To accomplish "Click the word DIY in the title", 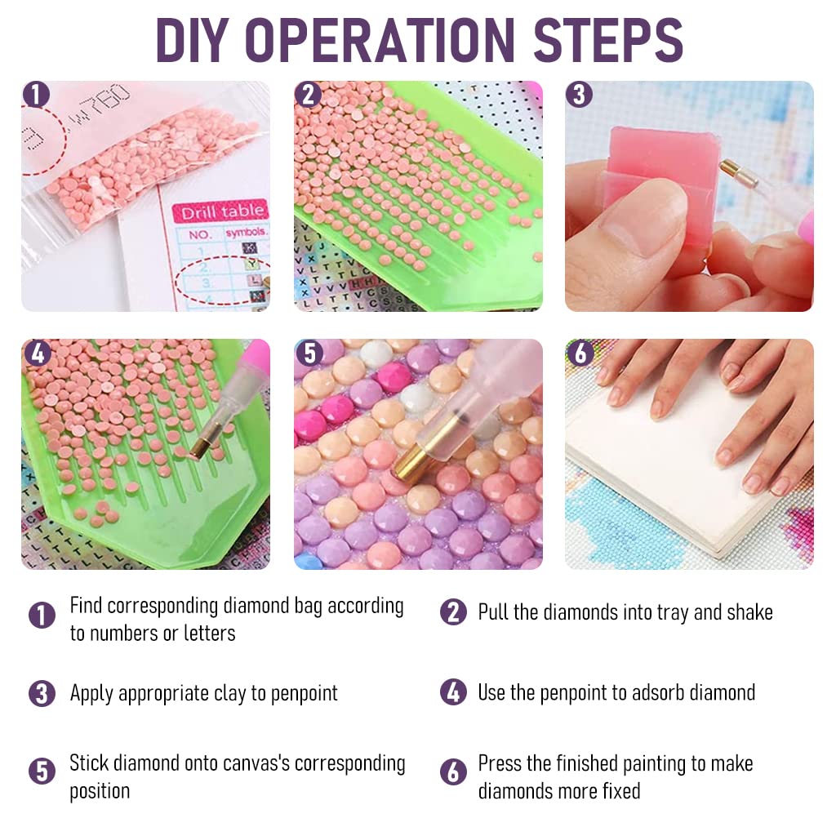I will [x=195, y=38].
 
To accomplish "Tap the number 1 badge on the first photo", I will [x=36, y=95].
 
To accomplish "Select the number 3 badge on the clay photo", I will [x=579, y=95].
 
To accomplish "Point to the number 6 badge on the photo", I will [x=580, y=353].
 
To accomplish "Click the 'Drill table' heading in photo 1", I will [x=222, y=212].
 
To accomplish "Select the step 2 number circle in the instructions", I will [x=453, y=612].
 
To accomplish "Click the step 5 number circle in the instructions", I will [x=42, y=771].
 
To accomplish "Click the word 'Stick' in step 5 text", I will [x=89, y=764].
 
